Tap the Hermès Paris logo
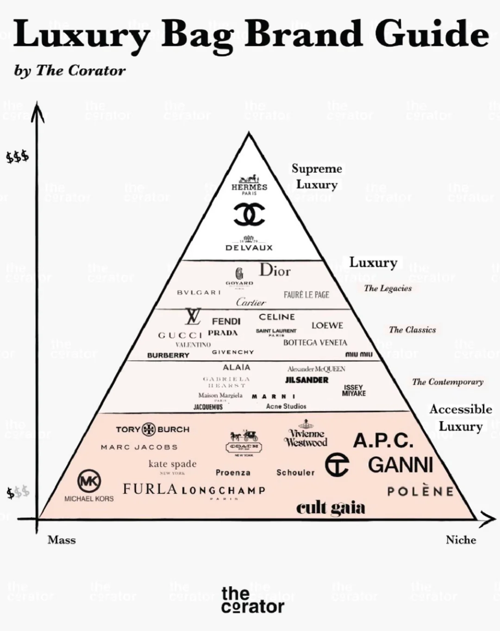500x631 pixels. pos(249,185)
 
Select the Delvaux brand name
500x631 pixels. pos(249,247)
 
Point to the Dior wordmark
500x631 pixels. pos(275,270)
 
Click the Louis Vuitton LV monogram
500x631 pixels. pos(193,317)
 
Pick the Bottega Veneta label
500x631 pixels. pos(315,343)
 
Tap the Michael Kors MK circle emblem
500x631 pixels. pos(89,481)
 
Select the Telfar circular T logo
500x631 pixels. pos(337,465)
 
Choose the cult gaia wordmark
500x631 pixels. pos(331,508)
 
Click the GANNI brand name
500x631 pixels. pos(400,465)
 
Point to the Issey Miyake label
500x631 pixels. pos(354,390)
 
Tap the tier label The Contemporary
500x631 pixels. pos(447,382)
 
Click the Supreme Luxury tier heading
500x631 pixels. pos(317,176)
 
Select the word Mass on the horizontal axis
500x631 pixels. pos(62,540)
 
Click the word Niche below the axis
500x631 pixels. pos(461,540)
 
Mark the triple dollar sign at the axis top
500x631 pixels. pos(18,157)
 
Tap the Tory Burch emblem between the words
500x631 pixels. pos(149,429)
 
